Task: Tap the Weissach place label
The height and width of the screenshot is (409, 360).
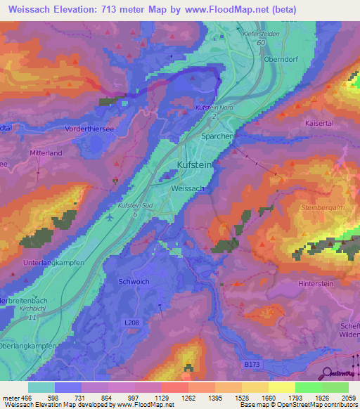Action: click(x=188, y=189)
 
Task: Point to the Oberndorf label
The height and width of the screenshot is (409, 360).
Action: click(x=281, y=58)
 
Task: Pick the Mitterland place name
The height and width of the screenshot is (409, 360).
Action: click(x=46, y=152)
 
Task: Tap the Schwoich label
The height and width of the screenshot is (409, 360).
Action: click(x=134, y=282)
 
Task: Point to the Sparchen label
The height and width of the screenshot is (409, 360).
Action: click(x=217, y=137)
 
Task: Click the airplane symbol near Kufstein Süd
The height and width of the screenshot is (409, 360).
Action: click(x=110, y=217)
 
